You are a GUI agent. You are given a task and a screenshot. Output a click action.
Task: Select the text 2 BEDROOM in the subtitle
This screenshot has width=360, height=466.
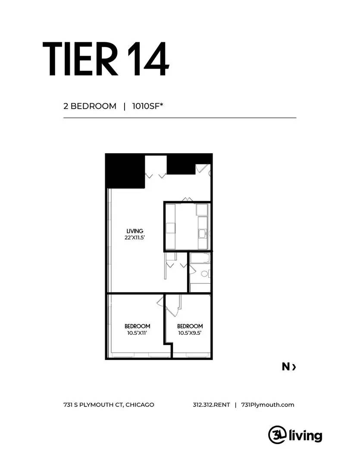90,106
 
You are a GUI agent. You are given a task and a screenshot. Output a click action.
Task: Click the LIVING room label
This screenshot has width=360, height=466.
135,231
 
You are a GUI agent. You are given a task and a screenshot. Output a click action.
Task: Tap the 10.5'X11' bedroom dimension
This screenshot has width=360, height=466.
137,333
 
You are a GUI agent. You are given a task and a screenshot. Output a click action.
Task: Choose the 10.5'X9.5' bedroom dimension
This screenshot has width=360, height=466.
190,333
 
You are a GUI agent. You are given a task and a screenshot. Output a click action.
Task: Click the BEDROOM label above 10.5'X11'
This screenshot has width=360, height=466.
137,326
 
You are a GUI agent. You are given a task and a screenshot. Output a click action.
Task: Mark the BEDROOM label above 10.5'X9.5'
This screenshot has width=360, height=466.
190,326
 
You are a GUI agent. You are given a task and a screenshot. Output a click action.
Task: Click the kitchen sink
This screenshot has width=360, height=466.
202,234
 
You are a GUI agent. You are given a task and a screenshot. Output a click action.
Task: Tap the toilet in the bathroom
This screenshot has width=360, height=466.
204,274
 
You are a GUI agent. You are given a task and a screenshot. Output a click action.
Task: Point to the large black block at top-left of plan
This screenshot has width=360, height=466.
125,171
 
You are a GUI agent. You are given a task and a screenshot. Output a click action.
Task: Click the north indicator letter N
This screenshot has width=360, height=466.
286,367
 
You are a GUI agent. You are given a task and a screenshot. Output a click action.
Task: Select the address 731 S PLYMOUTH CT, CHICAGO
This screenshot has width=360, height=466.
109,405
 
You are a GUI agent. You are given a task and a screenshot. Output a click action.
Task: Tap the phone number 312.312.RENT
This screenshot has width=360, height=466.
212,405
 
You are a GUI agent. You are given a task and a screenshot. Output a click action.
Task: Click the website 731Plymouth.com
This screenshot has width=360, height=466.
268,405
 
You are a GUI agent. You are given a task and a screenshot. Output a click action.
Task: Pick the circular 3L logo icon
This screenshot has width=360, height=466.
278,434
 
